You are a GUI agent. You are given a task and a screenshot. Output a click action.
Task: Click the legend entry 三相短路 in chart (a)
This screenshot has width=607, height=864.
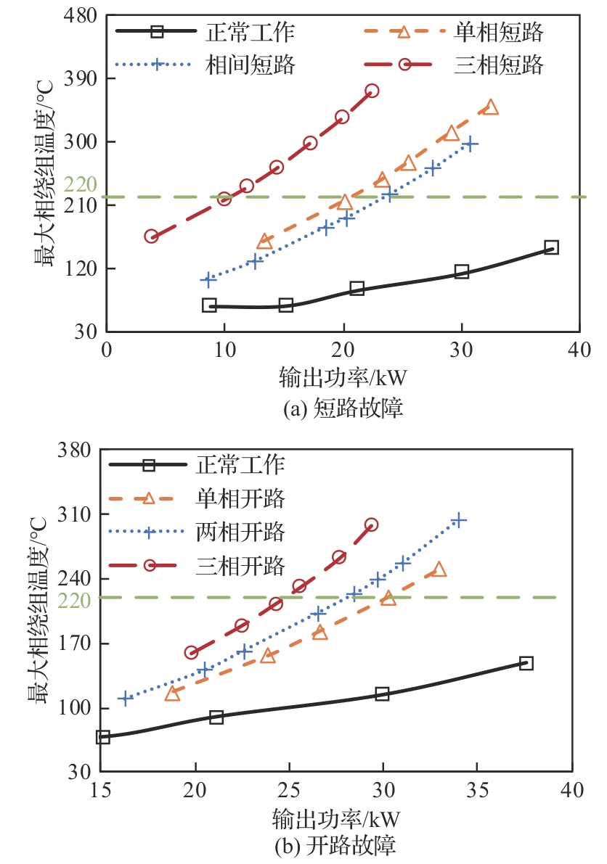(x=499, y=65)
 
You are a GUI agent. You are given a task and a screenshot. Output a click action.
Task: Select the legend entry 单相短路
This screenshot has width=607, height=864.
(x=499, y=32)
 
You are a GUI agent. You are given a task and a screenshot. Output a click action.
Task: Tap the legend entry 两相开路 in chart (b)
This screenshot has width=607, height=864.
(x=240, y=532)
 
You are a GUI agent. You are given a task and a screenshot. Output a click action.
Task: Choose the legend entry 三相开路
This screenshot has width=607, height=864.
(x=240, y=565)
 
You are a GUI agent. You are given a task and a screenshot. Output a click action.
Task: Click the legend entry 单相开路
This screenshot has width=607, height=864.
(x=240, y=498)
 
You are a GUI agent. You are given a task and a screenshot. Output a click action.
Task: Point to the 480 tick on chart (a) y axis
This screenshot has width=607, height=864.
(x=81, y=15)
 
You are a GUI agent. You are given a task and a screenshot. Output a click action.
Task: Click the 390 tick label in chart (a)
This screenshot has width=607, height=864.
(x=81, y=78)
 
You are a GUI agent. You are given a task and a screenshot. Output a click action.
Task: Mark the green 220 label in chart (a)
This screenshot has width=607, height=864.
(x=80, y=185)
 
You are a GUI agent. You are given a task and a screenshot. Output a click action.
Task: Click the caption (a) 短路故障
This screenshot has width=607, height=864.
(x=342, y=408)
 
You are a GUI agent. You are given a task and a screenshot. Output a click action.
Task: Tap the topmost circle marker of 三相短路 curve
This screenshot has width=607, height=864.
(x=372, y=91)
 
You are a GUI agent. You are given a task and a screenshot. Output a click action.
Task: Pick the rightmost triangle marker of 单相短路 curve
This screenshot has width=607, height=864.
(x=491, y=107)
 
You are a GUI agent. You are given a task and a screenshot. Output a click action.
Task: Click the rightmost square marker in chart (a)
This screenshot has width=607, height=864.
(x=551, y=247)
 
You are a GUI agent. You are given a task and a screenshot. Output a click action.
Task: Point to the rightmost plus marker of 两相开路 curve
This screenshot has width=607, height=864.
(x=458, y=520)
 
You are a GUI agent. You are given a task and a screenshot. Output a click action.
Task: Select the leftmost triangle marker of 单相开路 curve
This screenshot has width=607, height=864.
(x=172, y=694)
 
